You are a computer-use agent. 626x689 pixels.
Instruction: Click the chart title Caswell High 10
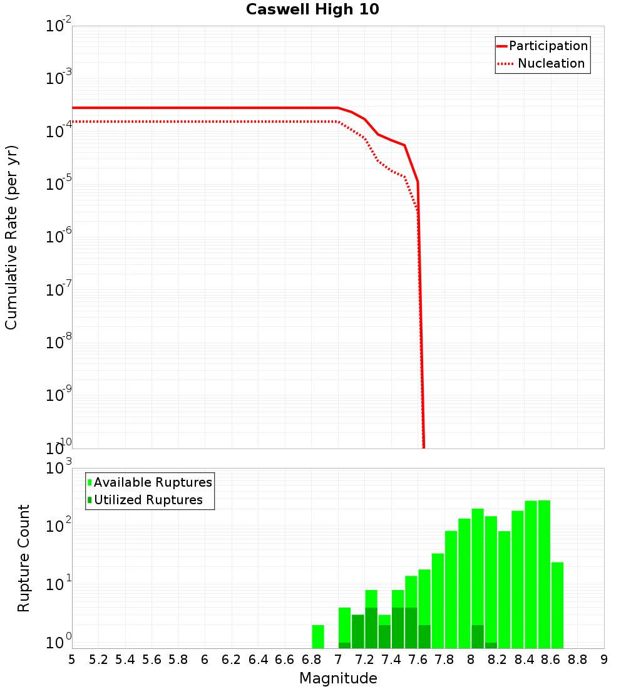click(x=312, y=9)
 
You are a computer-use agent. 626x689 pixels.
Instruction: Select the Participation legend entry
click(x=548, y=46)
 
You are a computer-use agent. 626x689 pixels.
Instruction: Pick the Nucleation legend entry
click(x=550, y=63)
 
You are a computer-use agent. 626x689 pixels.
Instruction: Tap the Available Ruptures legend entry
click(x=153, y=482)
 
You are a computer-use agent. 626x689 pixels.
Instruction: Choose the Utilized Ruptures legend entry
click(x=148, y=500)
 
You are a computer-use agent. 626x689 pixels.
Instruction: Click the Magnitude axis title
click(x=338, y=678)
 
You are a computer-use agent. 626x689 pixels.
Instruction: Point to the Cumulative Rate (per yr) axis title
click(x=11, y=237)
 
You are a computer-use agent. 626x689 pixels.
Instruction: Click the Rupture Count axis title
click(x=24, y=557)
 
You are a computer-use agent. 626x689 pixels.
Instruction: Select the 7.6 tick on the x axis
click(x=418, y=660)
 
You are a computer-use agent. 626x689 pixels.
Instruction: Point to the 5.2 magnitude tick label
click(x=98, y=660)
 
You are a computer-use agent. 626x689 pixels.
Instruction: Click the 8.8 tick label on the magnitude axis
click(x=577, y=660)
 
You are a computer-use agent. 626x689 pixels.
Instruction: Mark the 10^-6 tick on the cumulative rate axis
click(x=59, y=237)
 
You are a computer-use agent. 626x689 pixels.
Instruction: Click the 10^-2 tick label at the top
click(x=59, y=26)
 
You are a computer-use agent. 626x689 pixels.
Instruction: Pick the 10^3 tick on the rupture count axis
click(x=59, y=469)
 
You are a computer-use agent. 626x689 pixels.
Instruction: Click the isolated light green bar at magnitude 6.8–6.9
click(x=318, y=636)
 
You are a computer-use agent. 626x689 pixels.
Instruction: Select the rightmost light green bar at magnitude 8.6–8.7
click(x=557, y=605)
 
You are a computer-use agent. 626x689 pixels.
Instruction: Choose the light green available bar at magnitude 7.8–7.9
click(x=451, y=589)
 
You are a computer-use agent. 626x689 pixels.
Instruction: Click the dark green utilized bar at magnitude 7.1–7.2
click(x=357, y=631)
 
